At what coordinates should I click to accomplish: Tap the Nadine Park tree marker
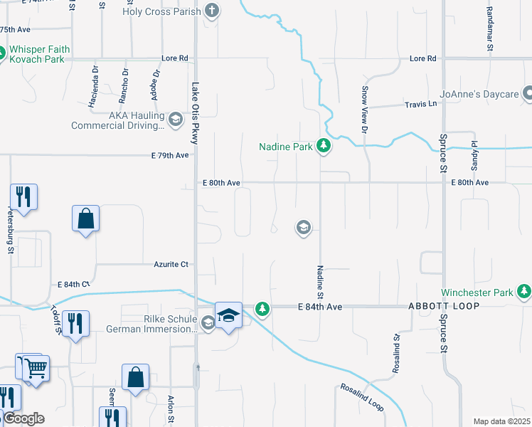click(324, 147)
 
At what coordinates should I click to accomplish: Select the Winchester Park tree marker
click(524, 292)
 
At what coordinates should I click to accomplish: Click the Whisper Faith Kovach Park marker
click(2, 53)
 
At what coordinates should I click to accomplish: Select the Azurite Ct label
click(171, 264)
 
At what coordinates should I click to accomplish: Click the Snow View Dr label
click(363, 110)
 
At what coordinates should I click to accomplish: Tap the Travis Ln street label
click(420, 104)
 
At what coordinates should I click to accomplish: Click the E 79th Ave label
click(170, 155)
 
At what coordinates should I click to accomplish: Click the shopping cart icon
click(35, 368)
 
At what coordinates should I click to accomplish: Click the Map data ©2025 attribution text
click(501, 421)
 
